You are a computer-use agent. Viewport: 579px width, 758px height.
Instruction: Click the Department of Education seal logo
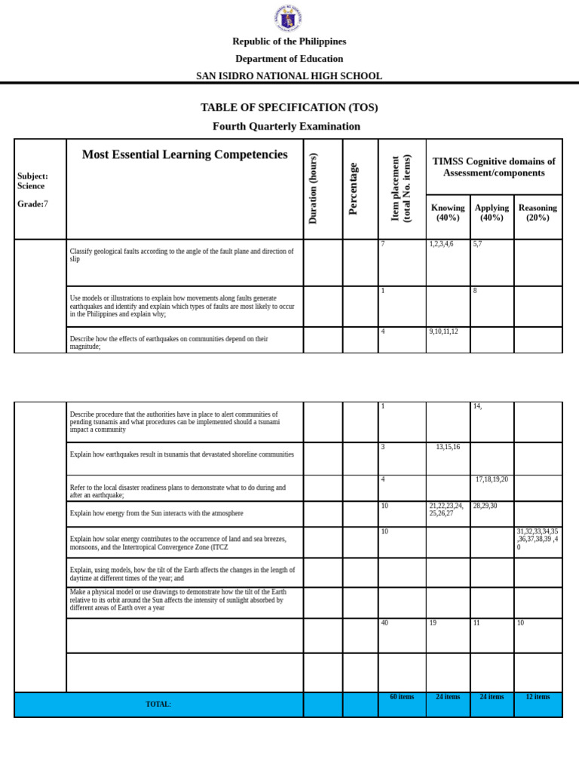tap(289, 17)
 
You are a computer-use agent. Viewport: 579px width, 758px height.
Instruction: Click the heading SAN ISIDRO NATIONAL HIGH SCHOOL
tap(289, 76)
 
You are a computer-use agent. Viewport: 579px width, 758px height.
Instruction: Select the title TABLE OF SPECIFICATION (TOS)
tap(289, 108)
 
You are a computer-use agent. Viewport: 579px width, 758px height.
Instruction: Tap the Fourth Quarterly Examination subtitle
tap(286, 126)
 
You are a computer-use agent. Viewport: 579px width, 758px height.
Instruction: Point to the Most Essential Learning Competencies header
tap(185, 154)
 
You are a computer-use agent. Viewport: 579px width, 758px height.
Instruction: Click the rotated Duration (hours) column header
tap(314, 188)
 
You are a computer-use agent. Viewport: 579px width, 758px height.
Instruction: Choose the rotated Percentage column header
tap(353, 188)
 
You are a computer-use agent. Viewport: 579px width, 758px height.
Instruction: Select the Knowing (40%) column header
tap(448, 212)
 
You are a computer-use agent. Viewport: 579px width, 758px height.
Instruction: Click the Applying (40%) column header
tap(492, 212)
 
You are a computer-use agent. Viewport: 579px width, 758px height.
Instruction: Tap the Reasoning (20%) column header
tap(538, 212)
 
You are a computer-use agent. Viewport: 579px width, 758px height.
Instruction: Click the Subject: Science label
tap(32, 181)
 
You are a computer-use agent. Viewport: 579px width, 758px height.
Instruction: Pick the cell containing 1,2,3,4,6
tap(441, 245)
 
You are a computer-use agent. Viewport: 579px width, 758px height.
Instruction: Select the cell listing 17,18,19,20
tap(492, 479)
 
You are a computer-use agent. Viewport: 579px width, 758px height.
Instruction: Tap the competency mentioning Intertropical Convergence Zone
tap(178, 543)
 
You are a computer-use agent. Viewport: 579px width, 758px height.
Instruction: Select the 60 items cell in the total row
tap(402, 697)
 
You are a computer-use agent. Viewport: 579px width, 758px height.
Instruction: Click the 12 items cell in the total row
tap(538, 697)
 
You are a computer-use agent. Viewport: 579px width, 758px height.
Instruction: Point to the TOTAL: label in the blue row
tap(158, 704)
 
